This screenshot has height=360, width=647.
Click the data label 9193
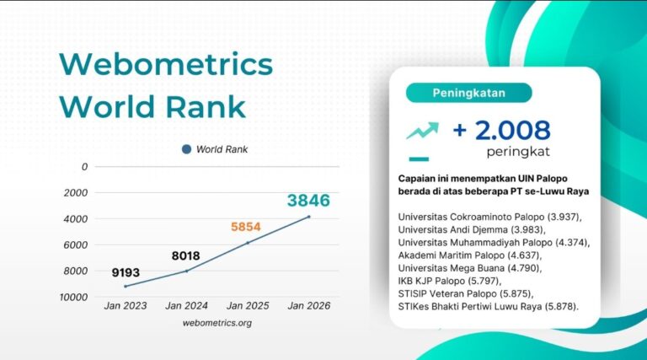pyautogui.click(x=125, y=272)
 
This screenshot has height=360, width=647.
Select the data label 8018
pyautogui.click(x=184, y=255)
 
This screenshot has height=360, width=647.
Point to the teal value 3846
pyautogui.click(x=308, y=201)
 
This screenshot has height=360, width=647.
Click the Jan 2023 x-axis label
pyautogui.click(x=126, y=305)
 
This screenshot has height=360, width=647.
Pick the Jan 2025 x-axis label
pyautogui.click(x=248, y=305)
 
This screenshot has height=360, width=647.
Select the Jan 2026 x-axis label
pyautogui.click(x=308, y=305)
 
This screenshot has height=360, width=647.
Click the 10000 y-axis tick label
pyautogui.click(x=73, y=297)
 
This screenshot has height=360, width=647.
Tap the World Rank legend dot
pyautogui.click(x=186, y=150)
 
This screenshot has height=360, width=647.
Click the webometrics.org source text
pyautogui.click(x=217, y=322)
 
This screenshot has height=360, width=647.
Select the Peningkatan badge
pyautogui.click(x=468, y=92)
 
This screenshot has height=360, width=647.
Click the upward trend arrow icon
pyautogui.click(x=422, y=131)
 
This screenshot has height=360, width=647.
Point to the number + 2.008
pyautogui.click(x=502, y=131)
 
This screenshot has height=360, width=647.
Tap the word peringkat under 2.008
pyautogui.click(x=518, y=153)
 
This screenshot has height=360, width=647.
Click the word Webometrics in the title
pyautogui.click(x=166, y=65)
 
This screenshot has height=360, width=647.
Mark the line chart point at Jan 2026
pyautogui.click(x=308, y=217)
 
